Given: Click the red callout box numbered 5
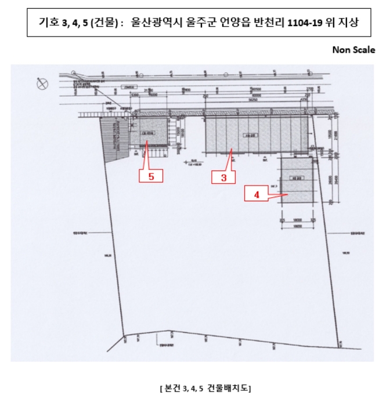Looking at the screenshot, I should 151,176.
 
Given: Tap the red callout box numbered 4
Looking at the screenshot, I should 256,195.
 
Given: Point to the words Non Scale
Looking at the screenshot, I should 353,50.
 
